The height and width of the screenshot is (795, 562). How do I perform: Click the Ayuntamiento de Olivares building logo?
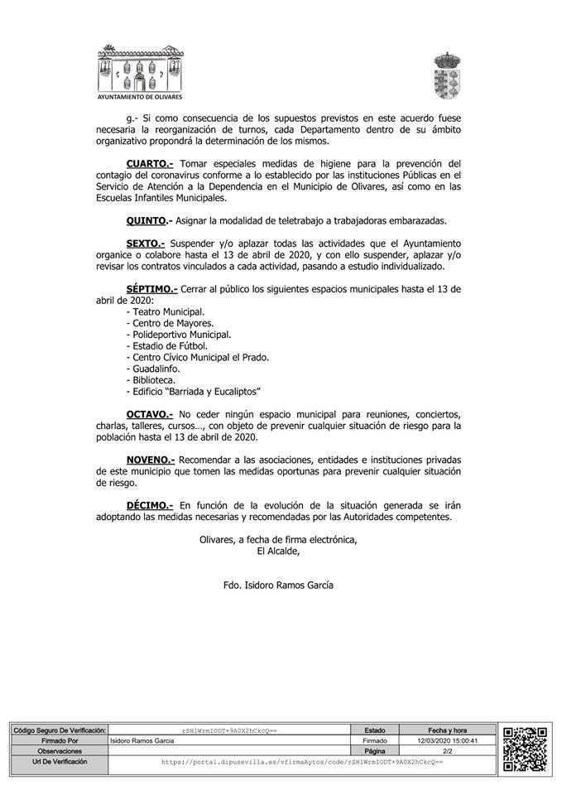click(x=139, y=73)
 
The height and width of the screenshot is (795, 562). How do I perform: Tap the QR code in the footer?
click(x=526, y=749)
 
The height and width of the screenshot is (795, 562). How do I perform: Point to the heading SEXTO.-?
click(x=146, y=244)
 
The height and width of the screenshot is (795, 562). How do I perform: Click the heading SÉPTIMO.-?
click(x=151, y=289)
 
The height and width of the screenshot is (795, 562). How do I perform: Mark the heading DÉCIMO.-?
click(x=150, y=504)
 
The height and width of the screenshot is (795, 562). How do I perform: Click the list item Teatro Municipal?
click(x=166, y=311)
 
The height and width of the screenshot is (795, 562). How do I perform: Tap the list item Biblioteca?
click(x=151, y=379)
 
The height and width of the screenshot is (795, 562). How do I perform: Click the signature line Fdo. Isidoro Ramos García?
click(x=278, y=585)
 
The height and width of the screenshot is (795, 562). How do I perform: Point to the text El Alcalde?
click(x=278, y=551)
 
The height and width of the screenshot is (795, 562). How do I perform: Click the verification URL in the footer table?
click(x=302, y=760)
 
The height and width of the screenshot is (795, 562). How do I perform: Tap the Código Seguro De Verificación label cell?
click(x=60, y=730)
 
